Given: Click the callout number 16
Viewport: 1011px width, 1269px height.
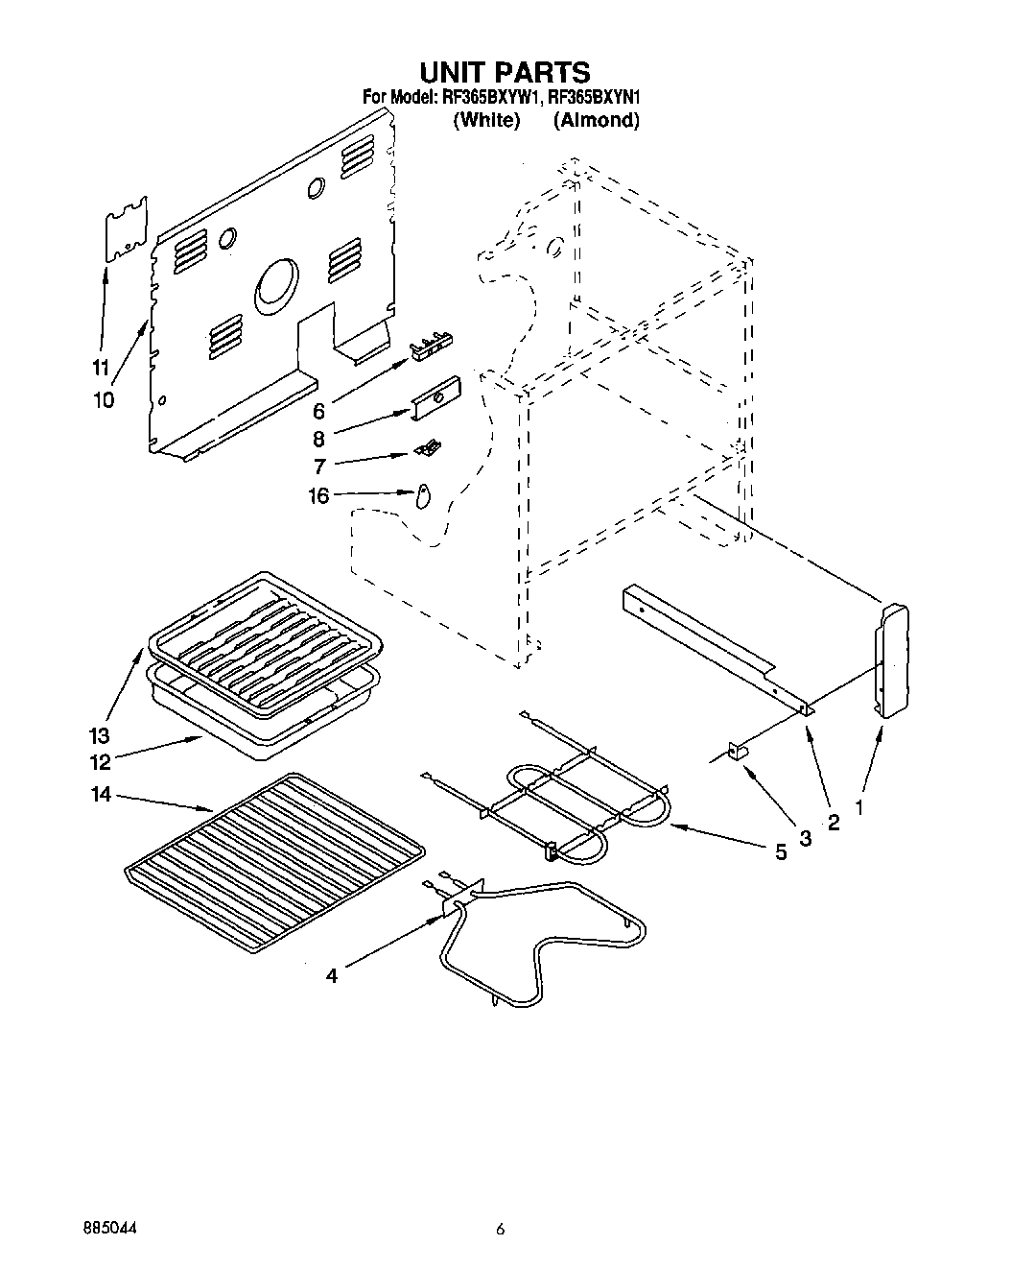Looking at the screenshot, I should coord(317,495).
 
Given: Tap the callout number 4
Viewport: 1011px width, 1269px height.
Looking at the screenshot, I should coord(332,976).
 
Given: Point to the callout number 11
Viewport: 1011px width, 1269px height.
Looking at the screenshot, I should coord(101,367).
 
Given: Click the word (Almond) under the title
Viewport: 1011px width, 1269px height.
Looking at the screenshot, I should coord(597,120).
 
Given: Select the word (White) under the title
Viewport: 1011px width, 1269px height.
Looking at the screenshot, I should coord(486,120).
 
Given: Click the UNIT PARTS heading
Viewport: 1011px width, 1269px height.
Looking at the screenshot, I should coord(505,72).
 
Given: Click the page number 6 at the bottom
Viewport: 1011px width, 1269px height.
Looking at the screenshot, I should coord(500,1229).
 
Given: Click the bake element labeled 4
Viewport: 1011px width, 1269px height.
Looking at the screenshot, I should coord(537,946).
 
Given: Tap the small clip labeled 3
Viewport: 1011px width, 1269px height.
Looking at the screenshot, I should coord(740,754).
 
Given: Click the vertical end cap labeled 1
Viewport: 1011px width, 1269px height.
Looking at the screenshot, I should coord(891,658).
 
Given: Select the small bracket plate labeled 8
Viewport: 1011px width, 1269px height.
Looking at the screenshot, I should coord(435,396).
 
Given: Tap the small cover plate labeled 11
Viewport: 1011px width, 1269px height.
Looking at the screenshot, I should coord(126,229).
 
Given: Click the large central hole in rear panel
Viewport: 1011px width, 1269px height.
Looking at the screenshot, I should coord(277,285).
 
